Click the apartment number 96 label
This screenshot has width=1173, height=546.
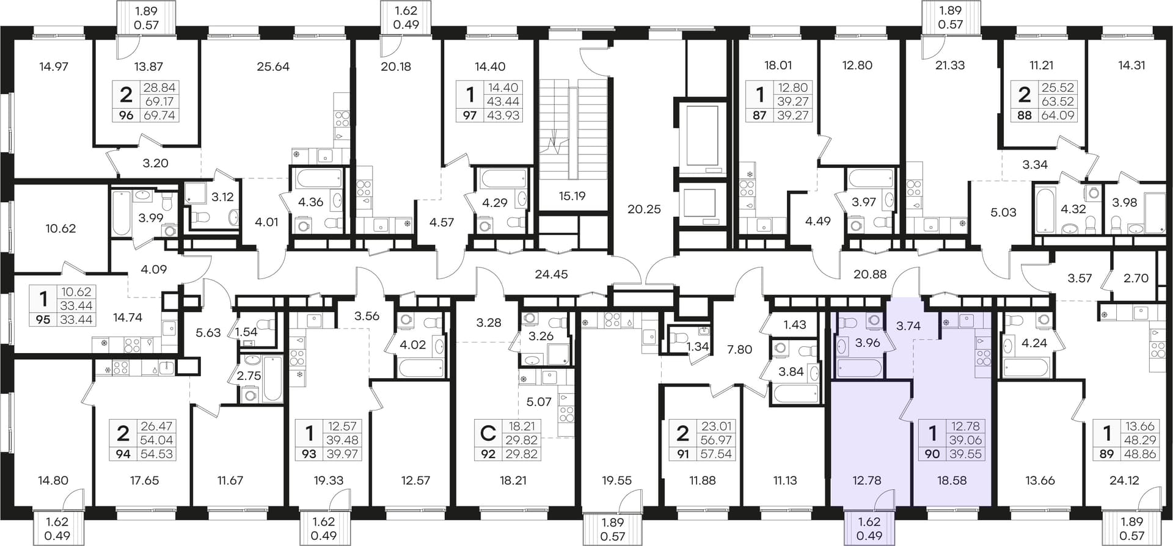(x=126, y=115)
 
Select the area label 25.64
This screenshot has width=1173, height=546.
(x=273, y=67)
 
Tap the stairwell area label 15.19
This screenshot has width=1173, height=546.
(x=572, y=196)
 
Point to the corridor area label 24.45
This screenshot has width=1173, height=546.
(x=551, y=274)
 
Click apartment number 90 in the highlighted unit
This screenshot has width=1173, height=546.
(x=932, y=454)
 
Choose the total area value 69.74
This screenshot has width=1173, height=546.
(x=159, y=115)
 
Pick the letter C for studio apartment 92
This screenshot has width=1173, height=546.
(x=488, y=434)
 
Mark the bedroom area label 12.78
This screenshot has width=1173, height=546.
(x=866, y=481)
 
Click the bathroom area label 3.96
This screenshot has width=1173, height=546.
(x=868, y=343)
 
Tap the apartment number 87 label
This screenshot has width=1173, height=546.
(x=759, y=115)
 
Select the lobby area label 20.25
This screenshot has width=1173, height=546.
(x=644, y=209)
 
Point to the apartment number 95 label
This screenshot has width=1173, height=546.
(x=43, y=319)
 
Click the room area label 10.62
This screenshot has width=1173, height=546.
(x=60, y=228)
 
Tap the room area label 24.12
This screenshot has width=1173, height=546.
(x=1124, y=481)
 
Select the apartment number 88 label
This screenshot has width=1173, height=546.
(x=1025, y=115)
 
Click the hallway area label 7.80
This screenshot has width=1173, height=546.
(x=739, y=349)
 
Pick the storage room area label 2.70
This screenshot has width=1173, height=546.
(x=1136, y=278)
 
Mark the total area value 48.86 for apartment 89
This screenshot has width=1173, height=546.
(x=1141, y=454)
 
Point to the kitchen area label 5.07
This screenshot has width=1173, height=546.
(x=538, y=402)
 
